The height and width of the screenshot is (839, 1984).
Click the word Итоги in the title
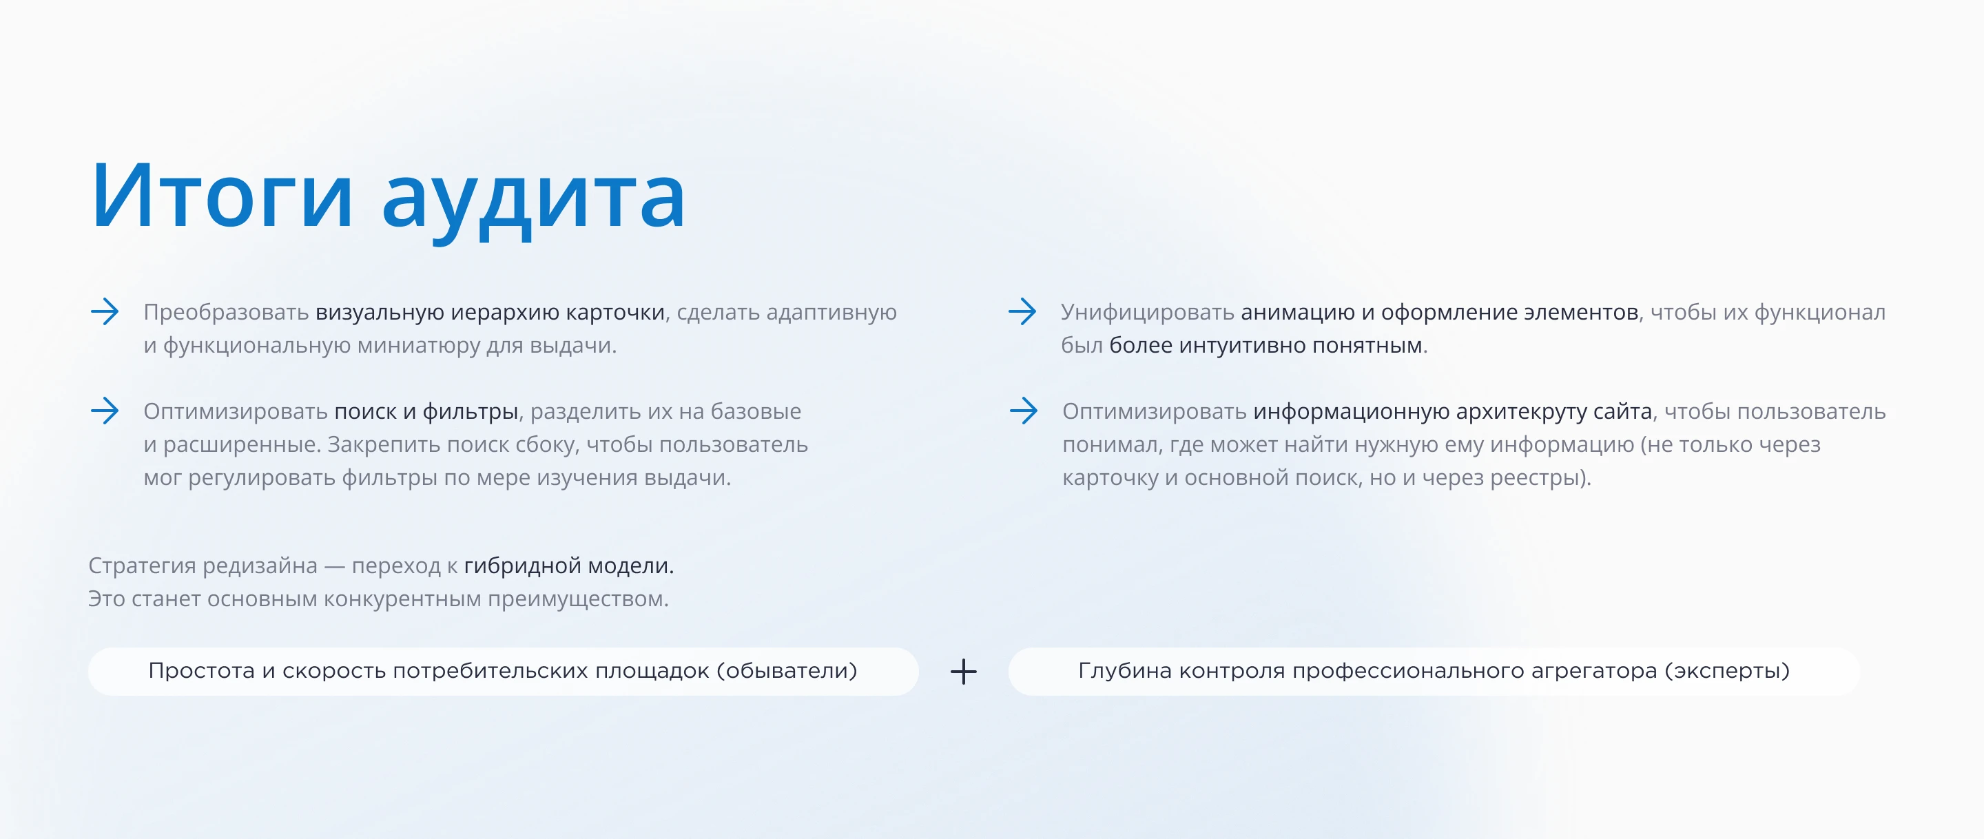click(222, 196)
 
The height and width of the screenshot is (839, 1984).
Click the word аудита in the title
click(533, 199)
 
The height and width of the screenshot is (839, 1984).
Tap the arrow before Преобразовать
click(105, 312)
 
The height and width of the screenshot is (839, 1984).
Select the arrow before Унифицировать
click(1022, 312)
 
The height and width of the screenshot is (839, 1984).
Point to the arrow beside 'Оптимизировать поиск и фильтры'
click(105, 411)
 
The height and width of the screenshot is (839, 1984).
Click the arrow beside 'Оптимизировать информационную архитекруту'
click(1023, 411)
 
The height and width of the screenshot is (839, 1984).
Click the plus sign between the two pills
click(963, 672)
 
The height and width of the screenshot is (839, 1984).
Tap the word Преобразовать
click(226, 313)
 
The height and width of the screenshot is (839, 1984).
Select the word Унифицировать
click(1147, 313)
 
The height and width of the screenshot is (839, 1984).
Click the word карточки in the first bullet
click(614, 313)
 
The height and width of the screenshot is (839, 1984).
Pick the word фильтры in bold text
click(470, 411)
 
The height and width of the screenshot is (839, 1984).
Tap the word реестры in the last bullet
click(1540, 477)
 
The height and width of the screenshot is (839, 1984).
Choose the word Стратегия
click(142, 566)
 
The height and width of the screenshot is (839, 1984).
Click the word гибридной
click(522, 566)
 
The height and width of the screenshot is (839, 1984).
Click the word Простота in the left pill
click(201, 671)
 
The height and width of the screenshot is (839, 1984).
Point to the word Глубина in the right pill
click(1124, 671)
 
